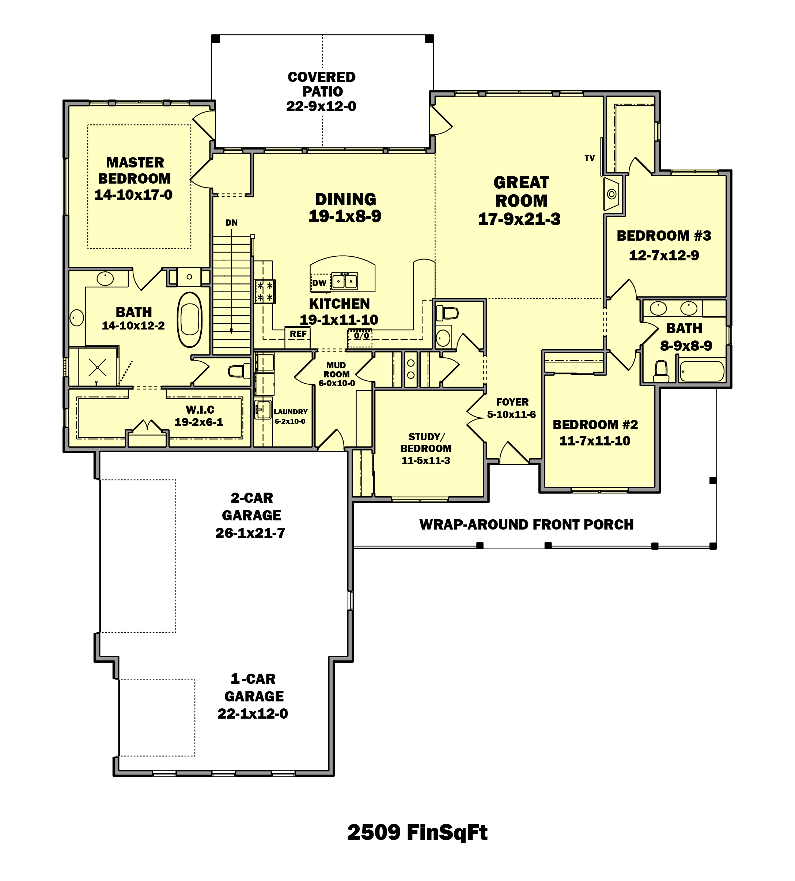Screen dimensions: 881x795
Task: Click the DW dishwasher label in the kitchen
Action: (x=319, y=283)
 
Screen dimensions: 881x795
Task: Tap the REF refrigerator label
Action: (x=298, y=334)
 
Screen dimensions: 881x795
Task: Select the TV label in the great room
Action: (x=589, y=158)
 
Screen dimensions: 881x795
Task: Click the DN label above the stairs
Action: (x=231, y=223)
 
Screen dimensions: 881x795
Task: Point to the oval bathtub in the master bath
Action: (x=190, y=320)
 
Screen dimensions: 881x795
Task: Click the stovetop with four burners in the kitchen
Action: (x=265, y=291)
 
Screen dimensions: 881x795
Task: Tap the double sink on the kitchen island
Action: (x=345, y=281)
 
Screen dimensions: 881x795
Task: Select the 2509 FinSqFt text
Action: (x=417, y=832)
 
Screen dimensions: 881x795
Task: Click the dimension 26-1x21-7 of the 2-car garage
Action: (x=250, y=533)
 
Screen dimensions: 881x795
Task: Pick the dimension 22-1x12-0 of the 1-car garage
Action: (x=253, y=714)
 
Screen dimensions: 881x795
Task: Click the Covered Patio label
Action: (x=322, y=84)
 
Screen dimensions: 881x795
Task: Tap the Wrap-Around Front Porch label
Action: (x=526, y=524)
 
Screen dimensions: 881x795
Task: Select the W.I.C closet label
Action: (x=200, y=410)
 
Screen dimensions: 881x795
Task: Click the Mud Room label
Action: (x=336, y=370)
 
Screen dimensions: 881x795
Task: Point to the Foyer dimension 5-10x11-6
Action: (x=511, y=415)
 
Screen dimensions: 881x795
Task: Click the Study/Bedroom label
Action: (x=426, y=443)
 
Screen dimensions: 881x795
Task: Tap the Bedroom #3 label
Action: (x=664, y=236)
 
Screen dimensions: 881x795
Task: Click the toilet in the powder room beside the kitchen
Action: (x=447, y=313)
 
